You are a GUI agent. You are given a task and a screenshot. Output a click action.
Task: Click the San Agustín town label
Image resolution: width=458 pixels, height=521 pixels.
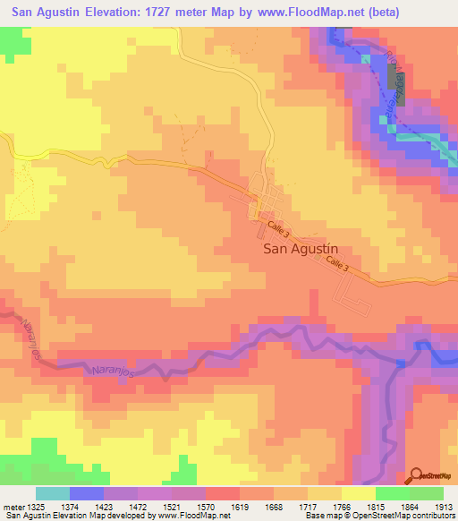pyautogui.click(x=303, y=251)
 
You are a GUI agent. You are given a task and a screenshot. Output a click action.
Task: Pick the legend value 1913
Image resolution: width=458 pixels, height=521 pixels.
pyautogui.click(x=444, y=508)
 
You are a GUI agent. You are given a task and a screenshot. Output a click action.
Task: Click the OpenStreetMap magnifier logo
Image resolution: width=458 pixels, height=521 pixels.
pyautogui.click(x=416, y=474)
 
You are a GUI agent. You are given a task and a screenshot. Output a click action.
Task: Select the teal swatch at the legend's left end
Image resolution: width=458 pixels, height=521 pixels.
pyautogui.click(x=53, y=493)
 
